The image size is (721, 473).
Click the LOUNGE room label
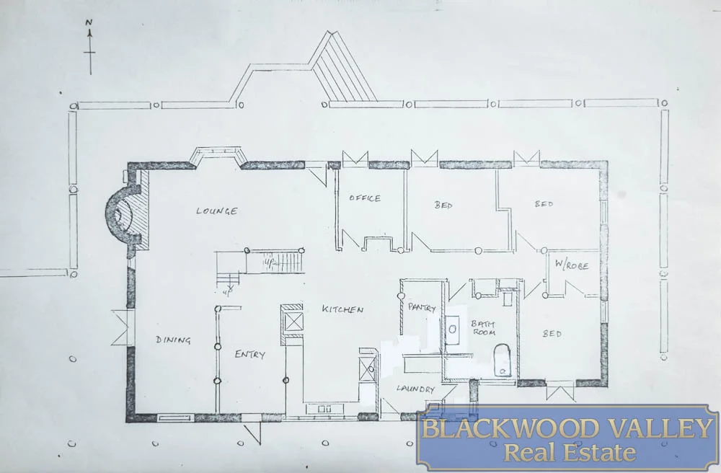click(x=216, y=211)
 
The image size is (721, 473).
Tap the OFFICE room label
click(x=365, y=198)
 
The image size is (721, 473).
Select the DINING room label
click(x=173, y=340)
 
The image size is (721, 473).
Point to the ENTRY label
click(x=250, y=354)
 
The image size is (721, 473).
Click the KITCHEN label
click(x=342, y=309)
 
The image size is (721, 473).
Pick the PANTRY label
click(x=422, y=308)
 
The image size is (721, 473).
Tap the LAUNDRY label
click(x=415, y=389)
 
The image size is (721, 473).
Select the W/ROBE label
click(x=572, y=266)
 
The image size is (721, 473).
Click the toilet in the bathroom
click(x=502, y=358)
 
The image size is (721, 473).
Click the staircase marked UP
click(x=278, y=261)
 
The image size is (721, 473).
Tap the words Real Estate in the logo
click(x=570, y=453)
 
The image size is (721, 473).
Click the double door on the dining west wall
click(x=122, y=327)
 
